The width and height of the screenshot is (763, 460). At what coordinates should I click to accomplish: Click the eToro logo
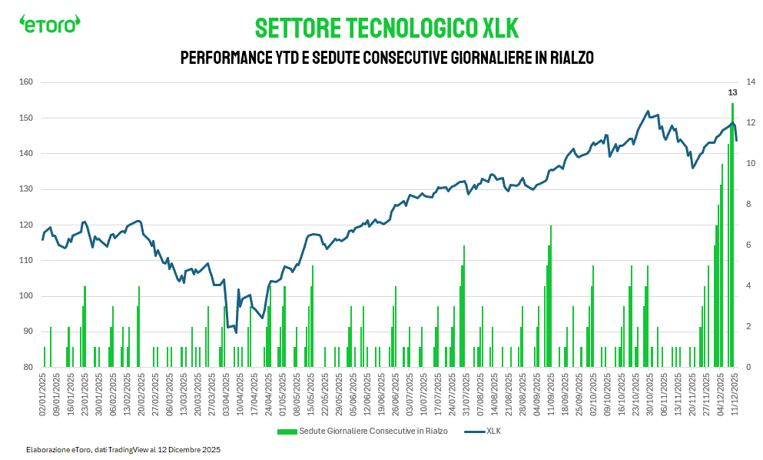pos(49,25)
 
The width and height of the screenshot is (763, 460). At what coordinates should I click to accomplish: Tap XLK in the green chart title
pos(500,28)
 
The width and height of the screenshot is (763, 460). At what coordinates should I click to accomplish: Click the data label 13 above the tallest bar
pos(732,92)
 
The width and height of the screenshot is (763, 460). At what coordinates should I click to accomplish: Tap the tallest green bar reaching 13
pos(732,231)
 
